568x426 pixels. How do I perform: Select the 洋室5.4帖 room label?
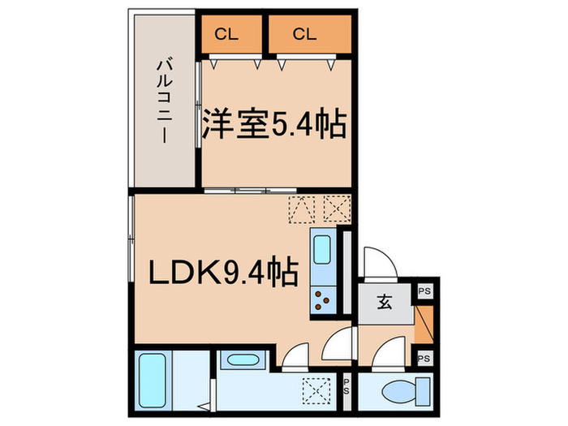(275, 125)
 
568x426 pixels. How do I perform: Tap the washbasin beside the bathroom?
(239, 360)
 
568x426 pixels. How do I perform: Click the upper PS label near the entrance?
(424, 290)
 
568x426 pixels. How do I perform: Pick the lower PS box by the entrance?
(424, 357)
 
